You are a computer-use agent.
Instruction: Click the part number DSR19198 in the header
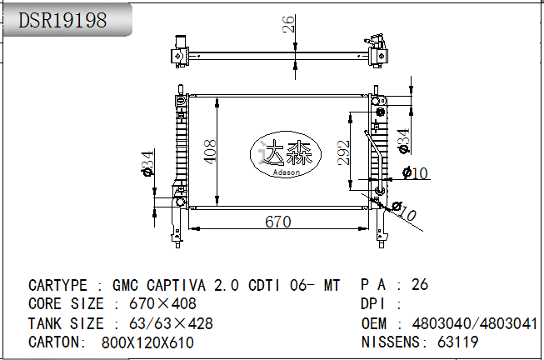(x=62, y=21)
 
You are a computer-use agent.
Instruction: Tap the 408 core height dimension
(x=211, y=151)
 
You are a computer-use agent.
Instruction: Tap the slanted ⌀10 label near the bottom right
(x=403, y=212)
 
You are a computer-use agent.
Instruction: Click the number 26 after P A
(x=420, y=285)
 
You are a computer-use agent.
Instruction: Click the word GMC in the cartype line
(x=126, y=285)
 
